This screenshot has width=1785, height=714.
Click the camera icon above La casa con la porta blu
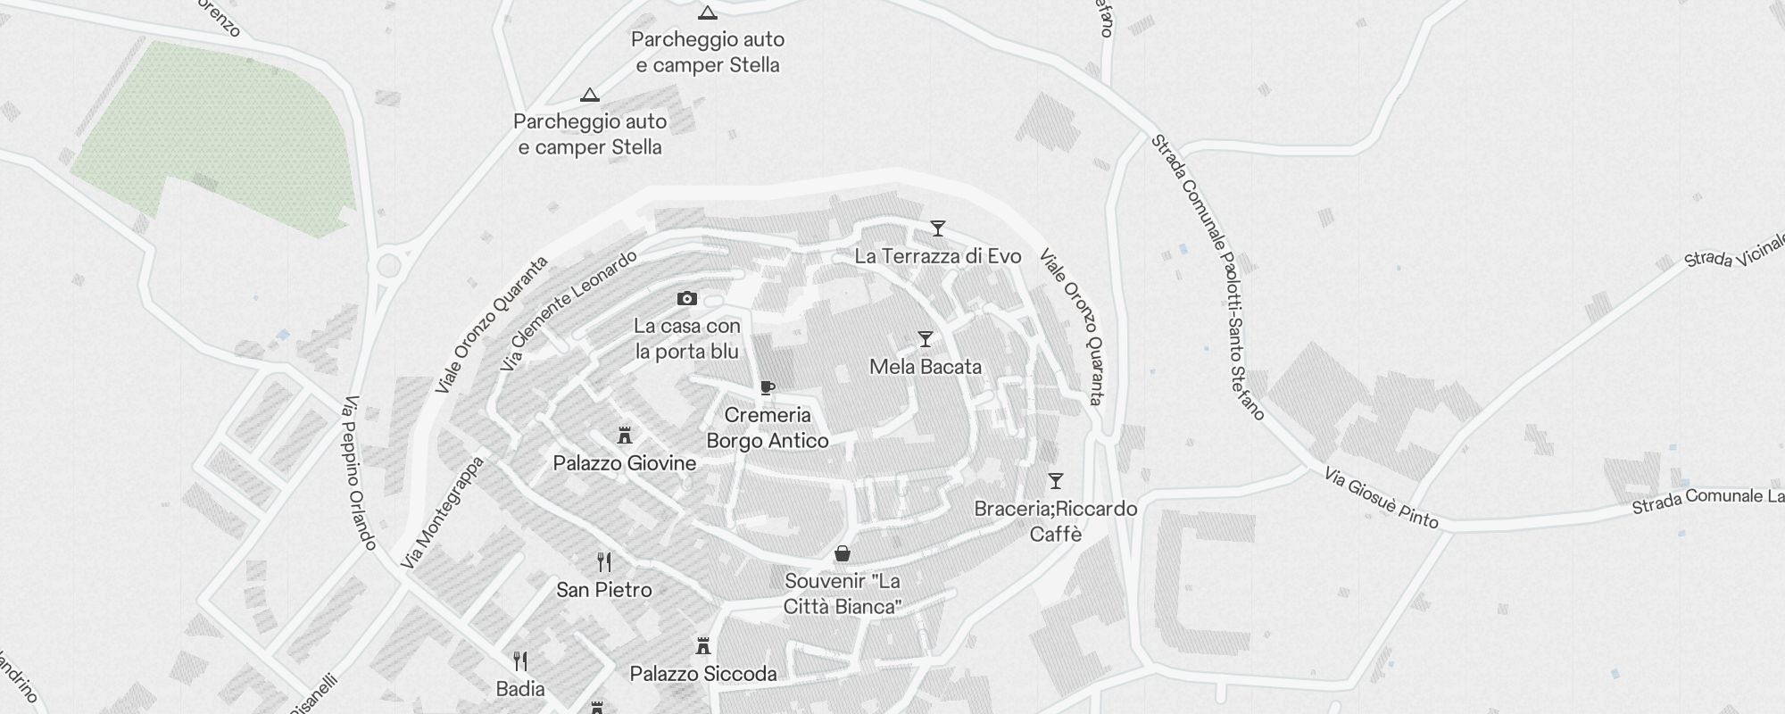coord(686,299)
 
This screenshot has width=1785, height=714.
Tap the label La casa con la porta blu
coord(687,339)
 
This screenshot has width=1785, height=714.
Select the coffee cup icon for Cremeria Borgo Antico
coord(767,387)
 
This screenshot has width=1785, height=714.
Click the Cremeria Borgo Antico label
coord(768,428)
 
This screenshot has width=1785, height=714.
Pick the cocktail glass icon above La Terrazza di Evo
coord(937,228)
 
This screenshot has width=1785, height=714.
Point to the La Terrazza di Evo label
coord(937,256)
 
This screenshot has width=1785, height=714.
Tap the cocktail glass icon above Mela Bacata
coord(926,339)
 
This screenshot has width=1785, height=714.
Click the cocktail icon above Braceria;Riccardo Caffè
coord(1056,481)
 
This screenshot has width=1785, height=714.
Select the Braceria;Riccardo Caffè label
coord(1056,521)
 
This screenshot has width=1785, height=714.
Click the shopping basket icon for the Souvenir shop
coord(842,554)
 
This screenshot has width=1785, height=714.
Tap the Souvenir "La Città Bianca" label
coord(842,594)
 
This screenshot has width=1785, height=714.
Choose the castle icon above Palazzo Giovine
coord(625,436)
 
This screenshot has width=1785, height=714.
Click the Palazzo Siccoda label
coord(703,674)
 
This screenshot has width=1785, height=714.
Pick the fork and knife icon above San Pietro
coord(604,562)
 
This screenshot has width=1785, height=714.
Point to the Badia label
coord(520,689)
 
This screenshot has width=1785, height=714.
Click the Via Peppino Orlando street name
coord(360,473)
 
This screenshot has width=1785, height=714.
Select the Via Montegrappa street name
coord(442,513)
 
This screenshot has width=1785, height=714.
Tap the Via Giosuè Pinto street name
coord(1381,498)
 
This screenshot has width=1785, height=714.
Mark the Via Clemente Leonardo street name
coord(569,311)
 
